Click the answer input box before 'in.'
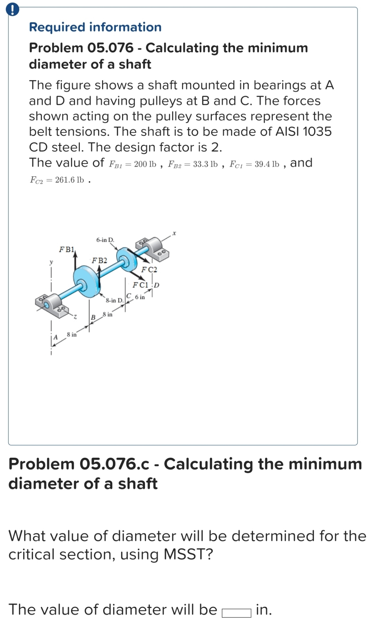pyautogui.click(x=236, y=613)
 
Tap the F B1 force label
pyautogui.click(x=67, y=250)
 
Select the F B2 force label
pyautogui.click(x=99, y=261)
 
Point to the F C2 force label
pyautogui.click(x=149, y=270)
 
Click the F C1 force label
pyautogui.click(x=141, y=285)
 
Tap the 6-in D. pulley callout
pyautogui.click(x=105, y=240)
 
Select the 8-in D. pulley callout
pyautogui.click(x=114, y=300)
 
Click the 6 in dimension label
pyautogui.click(x=140, y=297)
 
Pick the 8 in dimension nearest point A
pyautogui.click(x=71, y=334)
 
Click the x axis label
pyautogui.click(x=174, y=233)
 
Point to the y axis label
pyautogui.click(x=51, y=262)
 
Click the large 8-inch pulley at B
pyautogui.click(x=86, y=281)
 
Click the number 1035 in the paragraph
pyautogui.click(x=317, y=132)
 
